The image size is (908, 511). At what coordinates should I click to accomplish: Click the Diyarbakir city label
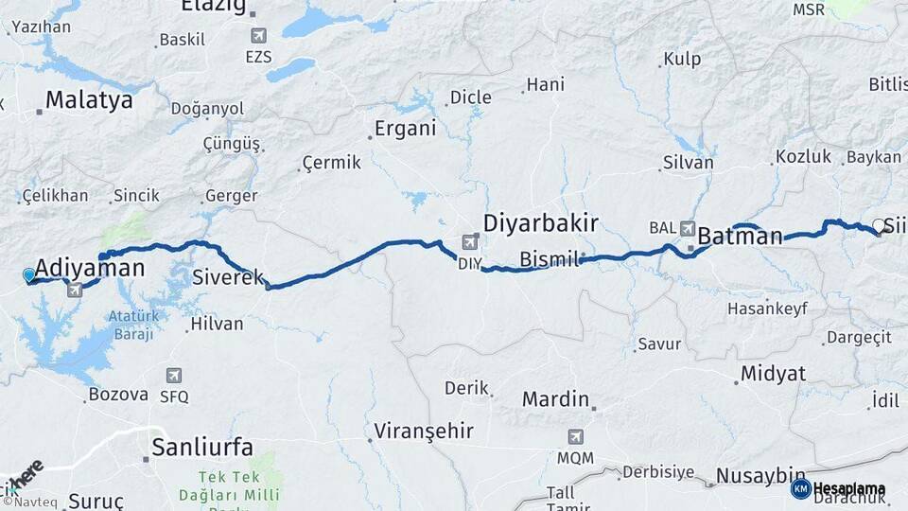[540, 223]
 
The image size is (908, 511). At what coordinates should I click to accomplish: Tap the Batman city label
[740, 237]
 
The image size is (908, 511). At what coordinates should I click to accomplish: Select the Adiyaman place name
[91, 268]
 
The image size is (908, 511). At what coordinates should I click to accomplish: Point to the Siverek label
[228, 278]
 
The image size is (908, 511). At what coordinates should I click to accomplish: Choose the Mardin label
[555, 398]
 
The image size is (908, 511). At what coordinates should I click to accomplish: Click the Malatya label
[89, 100]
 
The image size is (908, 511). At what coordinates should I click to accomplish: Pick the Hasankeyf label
[763, 308]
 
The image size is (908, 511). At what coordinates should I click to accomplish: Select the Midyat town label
[773, 373]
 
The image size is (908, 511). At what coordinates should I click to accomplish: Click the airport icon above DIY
[470, 243]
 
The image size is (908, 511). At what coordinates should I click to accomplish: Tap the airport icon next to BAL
[688, 228]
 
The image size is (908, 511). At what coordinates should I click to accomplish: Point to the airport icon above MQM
[575, 437]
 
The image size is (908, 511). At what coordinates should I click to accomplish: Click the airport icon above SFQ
[174, 376]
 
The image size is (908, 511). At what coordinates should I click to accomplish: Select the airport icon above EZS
[258, 36]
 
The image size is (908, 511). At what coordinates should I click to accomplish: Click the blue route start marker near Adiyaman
[29, 275]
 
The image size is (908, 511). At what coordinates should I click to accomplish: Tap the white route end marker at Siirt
[879, 225]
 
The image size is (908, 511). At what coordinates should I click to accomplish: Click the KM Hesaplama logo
[838, 489]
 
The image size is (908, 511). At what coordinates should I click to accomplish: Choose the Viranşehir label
[423, 432]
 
